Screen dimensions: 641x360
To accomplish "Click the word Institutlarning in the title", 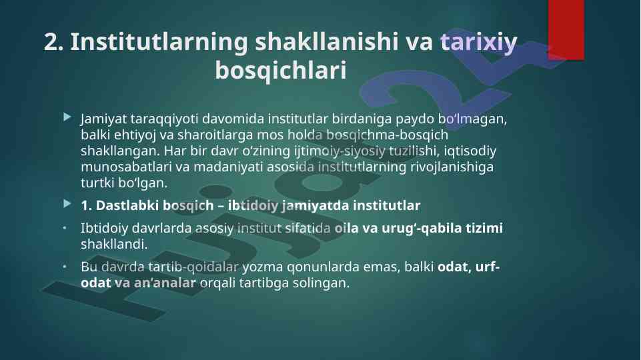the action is click(159, 43).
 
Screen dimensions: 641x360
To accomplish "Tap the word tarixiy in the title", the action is click(479, 43).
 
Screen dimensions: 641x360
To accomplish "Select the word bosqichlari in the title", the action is click(280, 70).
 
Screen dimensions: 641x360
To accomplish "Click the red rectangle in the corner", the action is click(566, 30).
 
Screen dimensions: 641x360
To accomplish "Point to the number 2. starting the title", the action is click(53, 42).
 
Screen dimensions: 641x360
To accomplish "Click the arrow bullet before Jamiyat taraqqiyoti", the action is click(67, 118).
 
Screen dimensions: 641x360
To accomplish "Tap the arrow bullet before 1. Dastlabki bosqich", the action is click(67, 203).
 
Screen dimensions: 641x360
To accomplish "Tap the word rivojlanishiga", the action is click(452, 167).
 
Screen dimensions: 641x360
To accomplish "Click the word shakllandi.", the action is click(113, 244).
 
